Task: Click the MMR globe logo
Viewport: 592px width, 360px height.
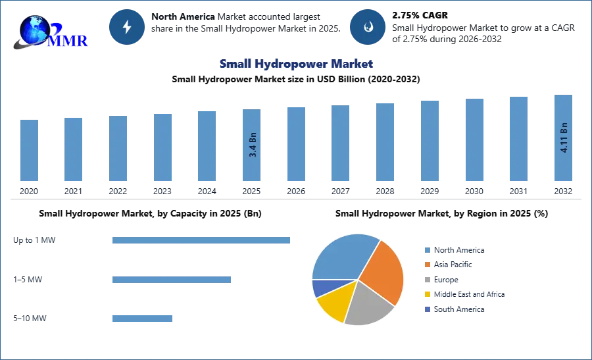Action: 49,31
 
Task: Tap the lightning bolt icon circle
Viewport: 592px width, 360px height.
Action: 127,27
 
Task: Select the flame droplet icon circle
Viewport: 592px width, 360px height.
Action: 368,27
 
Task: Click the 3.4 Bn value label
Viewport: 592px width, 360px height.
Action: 253,145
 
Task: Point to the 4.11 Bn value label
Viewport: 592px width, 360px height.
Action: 564,138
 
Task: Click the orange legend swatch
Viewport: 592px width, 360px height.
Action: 427,264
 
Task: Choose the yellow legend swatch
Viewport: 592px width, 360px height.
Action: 427,294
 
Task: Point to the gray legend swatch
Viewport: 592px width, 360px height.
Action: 427,279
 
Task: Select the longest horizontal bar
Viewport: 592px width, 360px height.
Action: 202,242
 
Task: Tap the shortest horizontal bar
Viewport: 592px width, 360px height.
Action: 141,319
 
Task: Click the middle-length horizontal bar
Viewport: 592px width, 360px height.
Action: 171,279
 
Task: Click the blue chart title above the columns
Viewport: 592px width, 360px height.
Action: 295,64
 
